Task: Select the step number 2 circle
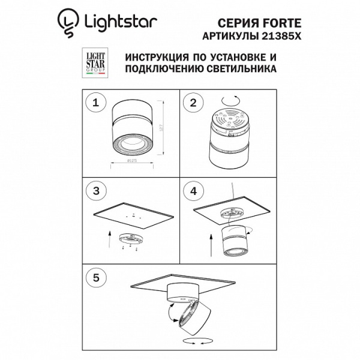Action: tap(193, 102)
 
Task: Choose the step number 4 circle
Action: tap(193, 191)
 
